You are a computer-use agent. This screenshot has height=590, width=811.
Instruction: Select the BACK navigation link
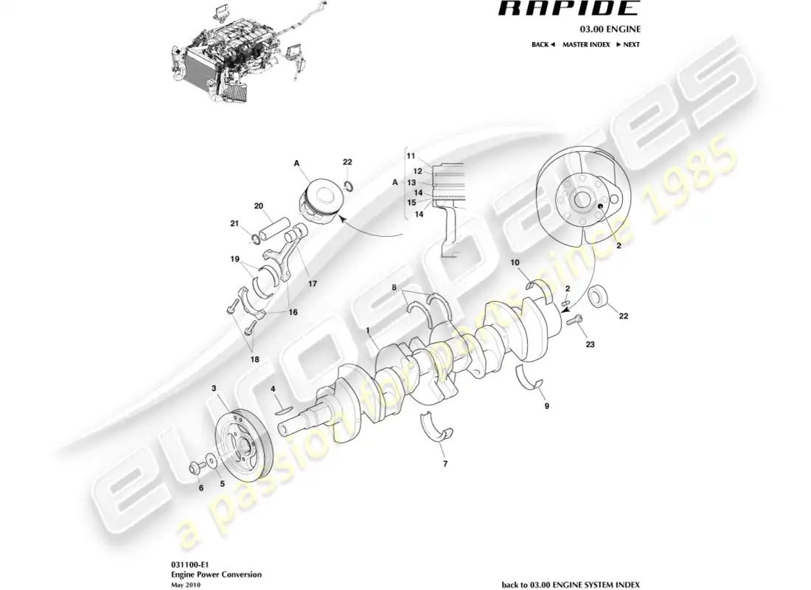coord(542,44)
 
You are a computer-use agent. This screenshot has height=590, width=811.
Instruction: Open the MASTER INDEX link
coord(585,44)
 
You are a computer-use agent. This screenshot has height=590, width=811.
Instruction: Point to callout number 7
coord(445,465)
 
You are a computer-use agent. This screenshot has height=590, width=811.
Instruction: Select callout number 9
coord(546,405)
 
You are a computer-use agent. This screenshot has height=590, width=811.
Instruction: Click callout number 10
coord(515,263)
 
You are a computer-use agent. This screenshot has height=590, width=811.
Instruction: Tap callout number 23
coord(589,344)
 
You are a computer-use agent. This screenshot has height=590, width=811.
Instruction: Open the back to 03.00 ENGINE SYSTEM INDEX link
coord(571,584)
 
